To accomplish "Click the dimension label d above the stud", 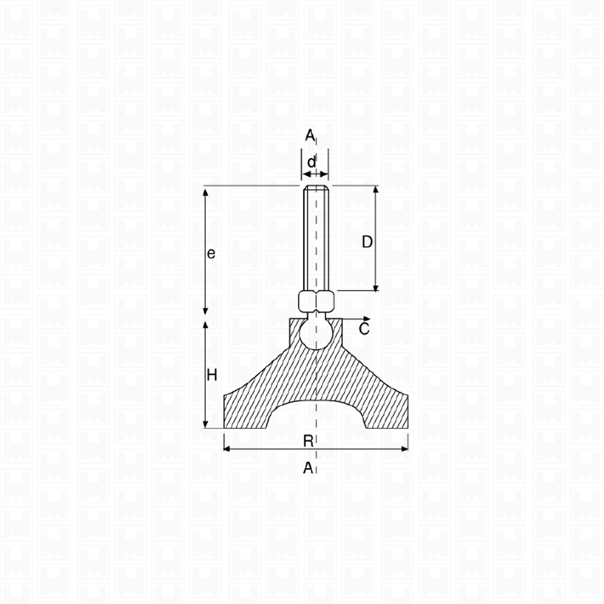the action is tap(312, 162).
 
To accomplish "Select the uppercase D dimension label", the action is tap(367, 242).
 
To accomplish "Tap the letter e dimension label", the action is tap(211, 254).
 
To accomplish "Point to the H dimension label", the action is tap(212, 375).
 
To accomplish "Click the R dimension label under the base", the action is tap(308, 441).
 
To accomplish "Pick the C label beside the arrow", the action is tap(364, 329).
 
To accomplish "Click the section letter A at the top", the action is tap(310, 135).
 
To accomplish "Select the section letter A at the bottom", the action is tap(308, 468).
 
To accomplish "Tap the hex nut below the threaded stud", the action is tap(316, 301).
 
